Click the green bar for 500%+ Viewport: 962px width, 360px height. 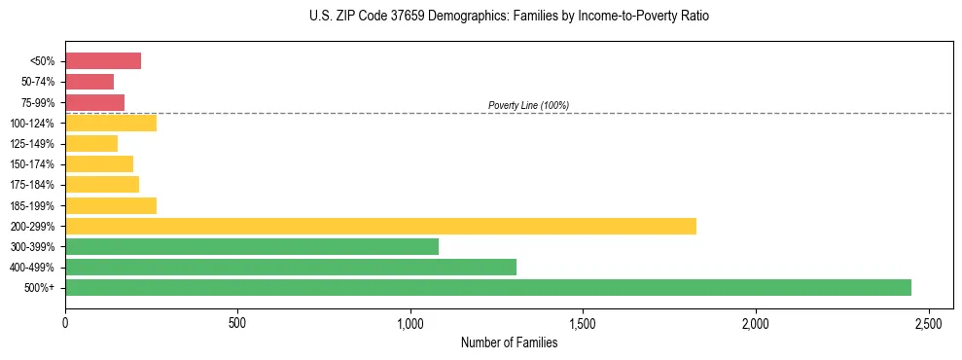click(x=488, y=287)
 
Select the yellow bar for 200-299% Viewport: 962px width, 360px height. click(x=380, y=226)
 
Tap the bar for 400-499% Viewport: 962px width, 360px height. click(x=291, y=267)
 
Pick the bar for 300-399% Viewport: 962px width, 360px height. click(x=252, y=246)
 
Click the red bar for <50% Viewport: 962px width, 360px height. click(x=103, y=61)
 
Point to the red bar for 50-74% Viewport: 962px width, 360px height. click(x=89, y=82)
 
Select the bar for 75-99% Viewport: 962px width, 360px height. click(x=94, y=102)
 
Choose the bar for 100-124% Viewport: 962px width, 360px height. click(x=111, y=123)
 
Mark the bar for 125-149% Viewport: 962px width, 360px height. click(x=91, y=143)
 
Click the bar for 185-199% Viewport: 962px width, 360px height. click(x=111, y=205)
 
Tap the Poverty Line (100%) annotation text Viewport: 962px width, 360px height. click(x=528, y=105)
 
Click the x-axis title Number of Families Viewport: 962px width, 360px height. click(x=509, y=342)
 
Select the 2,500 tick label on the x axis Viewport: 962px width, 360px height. click(x=928, y=322)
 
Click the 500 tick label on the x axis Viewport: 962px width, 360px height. click(x=237, y=322)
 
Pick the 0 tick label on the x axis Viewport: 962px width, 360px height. click(x=65, y=322)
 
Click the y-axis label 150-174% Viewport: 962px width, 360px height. click(x=32, y=164)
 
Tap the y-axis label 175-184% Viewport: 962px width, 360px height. click(x=32, y=185)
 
